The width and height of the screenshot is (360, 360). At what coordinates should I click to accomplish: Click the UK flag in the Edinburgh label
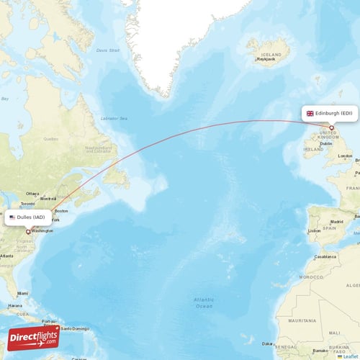[310, 113]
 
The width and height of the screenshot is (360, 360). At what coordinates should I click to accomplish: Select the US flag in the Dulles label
[12, 217]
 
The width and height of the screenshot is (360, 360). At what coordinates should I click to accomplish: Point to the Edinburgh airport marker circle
[332, 127]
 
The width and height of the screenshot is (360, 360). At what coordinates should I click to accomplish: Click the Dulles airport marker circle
[28, 232]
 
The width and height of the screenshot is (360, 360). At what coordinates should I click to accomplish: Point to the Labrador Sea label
[114, 118]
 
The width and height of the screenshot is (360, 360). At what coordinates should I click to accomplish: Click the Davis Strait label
[106, 50]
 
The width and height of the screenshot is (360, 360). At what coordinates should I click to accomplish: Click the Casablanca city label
[325, 256]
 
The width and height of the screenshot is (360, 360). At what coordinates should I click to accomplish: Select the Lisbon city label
[314, 230]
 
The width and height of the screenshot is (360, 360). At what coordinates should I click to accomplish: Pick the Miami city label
[24, 293]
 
